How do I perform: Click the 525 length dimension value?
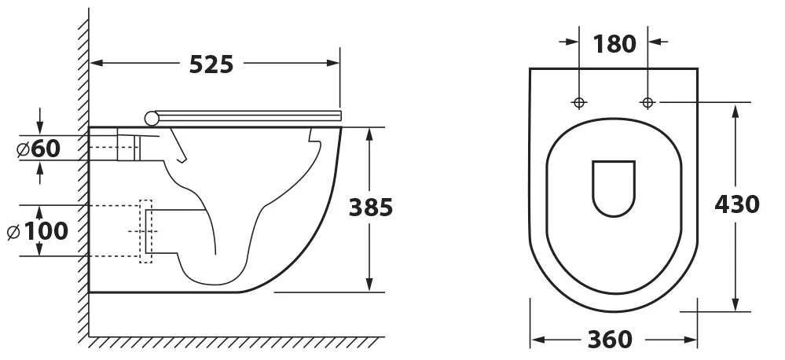click(x=211, y=64)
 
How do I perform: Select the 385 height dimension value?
click(x=371, y=208)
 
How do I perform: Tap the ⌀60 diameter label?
click(x=39, y=149)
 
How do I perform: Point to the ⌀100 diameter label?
click(x=38, y=231)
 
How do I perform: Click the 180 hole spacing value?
click(x=614, y=44)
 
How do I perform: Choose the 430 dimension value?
click(x=737, y=204)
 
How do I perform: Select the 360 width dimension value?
click(x=610, y=340)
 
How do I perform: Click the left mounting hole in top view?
click(x=579, y=103)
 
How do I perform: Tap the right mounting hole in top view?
click(x=647, y=103)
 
